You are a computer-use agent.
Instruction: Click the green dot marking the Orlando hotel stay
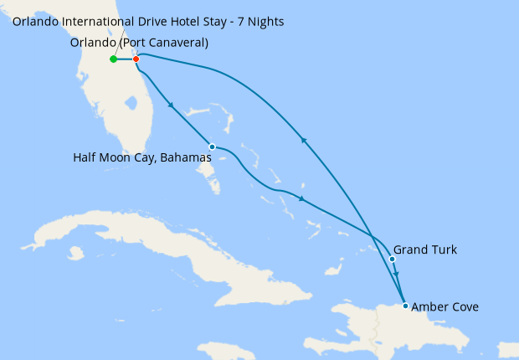[x=113, y=59]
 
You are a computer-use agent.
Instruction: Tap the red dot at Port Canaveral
[x=136, y=59]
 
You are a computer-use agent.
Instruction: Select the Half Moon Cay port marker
[x=212, y=147]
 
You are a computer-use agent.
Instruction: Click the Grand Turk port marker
[x=392, y=259]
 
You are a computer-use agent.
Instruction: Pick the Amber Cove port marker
[x=406, y=306]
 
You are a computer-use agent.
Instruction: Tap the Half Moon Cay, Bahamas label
[x=142, y=157]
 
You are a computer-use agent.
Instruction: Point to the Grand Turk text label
[x=425, y=249]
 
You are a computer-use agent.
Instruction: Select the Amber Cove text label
[x=444, y=307]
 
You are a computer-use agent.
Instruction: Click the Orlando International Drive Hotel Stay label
[x=147, y=20]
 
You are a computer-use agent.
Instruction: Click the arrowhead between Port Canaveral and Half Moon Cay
[x=171, y=105]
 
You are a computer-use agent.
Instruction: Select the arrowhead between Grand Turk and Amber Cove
[x=397, y=275]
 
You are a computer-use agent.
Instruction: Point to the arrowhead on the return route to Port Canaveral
[x=305, y=141]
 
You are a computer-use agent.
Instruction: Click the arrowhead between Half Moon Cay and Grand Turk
[x=301, y=200]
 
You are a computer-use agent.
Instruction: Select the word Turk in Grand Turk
[x=444, y=249]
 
